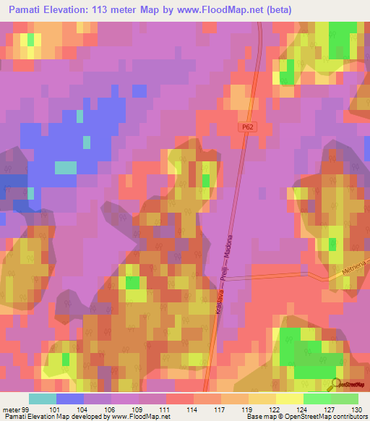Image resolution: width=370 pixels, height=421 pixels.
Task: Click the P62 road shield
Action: (x=249, y=126)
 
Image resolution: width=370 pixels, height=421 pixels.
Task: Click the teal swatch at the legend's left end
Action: (x=42, y=399)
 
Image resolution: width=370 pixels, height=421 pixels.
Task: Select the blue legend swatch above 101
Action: (x=69, y=399)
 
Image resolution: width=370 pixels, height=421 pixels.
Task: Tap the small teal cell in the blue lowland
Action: (x=65, y=167)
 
